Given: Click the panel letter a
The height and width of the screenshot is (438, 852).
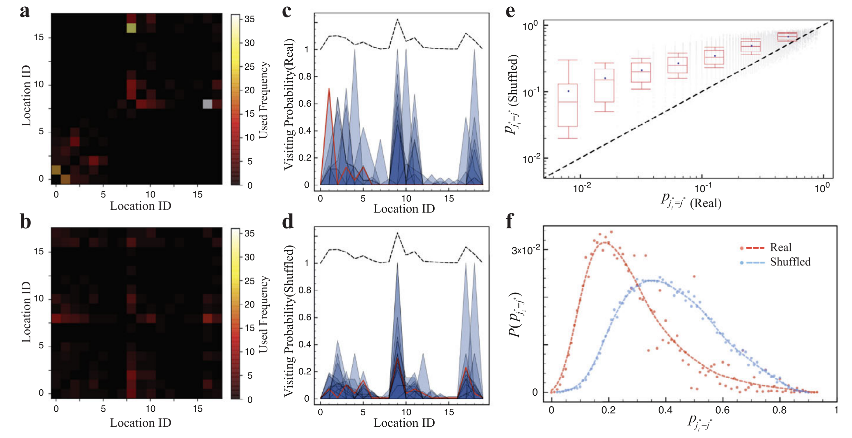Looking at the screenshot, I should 25,11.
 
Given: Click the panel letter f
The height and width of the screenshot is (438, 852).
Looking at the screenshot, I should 510,221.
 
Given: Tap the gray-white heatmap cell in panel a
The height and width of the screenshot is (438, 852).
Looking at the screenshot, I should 208,104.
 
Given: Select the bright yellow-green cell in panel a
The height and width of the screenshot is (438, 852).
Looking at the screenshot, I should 131,28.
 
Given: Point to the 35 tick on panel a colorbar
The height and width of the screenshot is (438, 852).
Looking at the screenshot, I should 250,19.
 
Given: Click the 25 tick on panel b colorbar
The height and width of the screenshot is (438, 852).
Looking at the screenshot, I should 250,281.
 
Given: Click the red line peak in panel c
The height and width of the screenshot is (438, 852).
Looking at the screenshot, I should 329,89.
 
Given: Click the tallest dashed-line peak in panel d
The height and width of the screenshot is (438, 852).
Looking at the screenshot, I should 397,233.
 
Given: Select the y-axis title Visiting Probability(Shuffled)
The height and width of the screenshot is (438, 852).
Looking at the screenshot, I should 289,321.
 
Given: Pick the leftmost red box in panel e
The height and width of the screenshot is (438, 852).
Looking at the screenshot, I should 568,105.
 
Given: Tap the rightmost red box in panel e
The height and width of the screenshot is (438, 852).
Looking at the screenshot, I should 787,37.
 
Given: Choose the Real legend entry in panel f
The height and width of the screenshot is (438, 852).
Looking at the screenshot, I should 781,247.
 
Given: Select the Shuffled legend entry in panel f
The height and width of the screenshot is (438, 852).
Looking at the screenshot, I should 790,262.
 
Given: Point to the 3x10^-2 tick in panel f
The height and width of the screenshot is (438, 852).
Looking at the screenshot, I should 526,251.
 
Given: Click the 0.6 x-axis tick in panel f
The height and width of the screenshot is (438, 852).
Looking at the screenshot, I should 722,410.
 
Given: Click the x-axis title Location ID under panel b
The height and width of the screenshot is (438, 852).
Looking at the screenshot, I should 140,423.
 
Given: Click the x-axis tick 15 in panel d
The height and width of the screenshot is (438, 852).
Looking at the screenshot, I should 449,412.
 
